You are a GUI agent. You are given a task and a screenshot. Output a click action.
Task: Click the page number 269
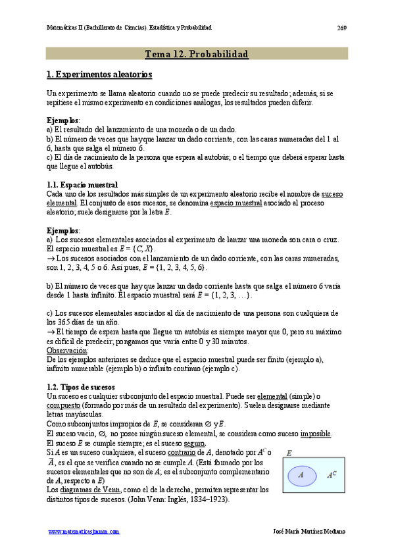coord(342,28)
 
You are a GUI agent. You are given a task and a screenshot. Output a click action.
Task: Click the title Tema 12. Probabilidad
coord(196,55)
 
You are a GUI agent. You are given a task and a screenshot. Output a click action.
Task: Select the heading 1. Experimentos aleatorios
coord(99,75)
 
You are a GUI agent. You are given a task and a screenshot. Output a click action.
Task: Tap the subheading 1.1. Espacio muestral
coord(83,184)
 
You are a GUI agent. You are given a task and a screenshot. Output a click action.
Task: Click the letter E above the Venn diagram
coord(289,454)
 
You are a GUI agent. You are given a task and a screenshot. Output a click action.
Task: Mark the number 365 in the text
coord(64,322)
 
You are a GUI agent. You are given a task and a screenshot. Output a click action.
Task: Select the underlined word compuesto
coord(64,405)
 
